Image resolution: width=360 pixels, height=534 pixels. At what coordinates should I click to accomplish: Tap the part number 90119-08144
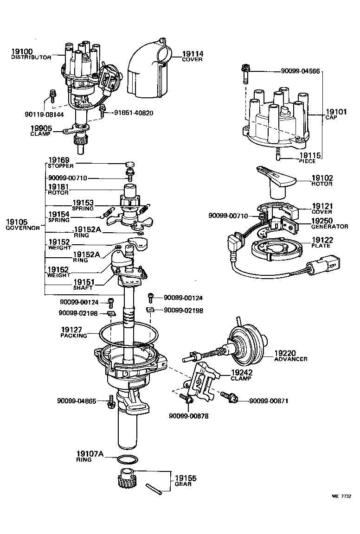coord(44,113)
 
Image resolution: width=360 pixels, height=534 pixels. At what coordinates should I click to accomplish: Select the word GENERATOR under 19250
coord(329,227)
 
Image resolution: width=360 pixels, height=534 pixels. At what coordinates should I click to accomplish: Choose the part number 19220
coord(290,353)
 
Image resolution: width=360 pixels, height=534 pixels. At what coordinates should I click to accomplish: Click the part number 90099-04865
coord(77,400)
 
